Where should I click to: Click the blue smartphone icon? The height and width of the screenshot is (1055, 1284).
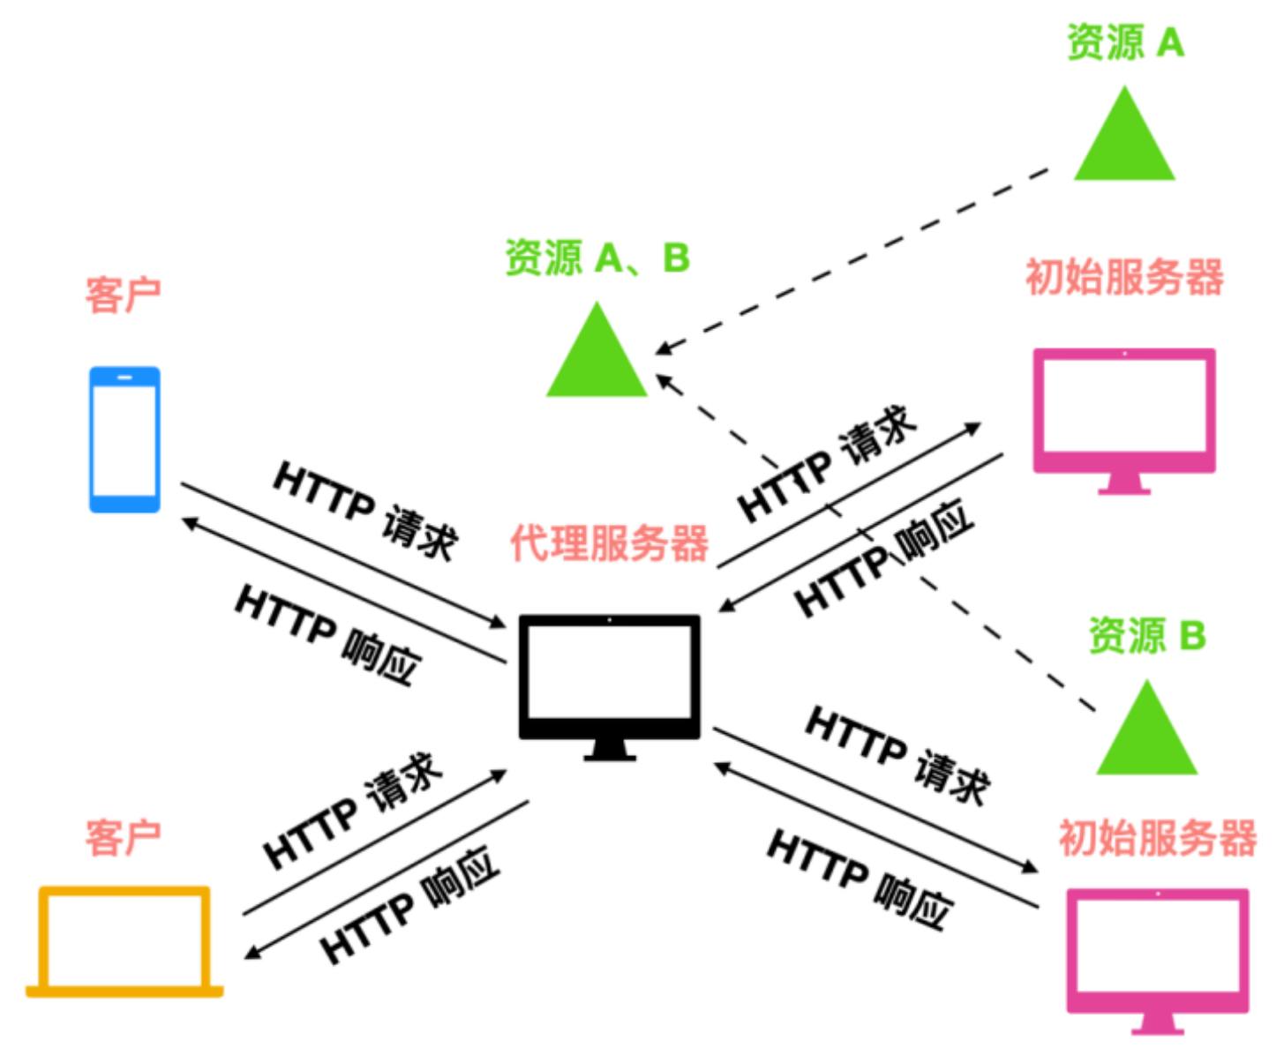(124, 439)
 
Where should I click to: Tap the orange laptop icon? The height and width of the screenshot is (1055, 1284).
(124, 941)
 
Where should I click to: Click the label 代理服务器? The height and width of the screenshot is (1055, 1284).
(609, 542)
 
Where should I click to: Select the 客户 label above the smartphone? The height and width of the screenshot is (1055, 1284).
(123, 295)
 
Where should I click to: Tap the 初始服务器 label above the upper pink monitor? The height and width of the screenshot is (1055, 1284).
(1124, 277)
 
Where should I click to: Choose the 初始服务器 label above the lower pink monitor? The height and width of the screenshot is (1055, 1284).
(1157, 837)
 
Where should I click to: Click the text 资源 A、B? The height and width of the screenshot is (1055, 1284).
(597, 258)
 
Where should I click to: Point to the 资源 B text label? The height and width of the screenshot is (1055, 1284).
(1146, 635)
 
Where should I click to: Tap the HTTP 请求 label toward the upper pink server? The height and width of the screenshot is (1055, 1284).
(827, 463)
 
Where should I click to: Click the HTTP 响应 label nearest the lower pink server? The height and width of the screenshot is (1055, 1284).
(860, 879)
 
